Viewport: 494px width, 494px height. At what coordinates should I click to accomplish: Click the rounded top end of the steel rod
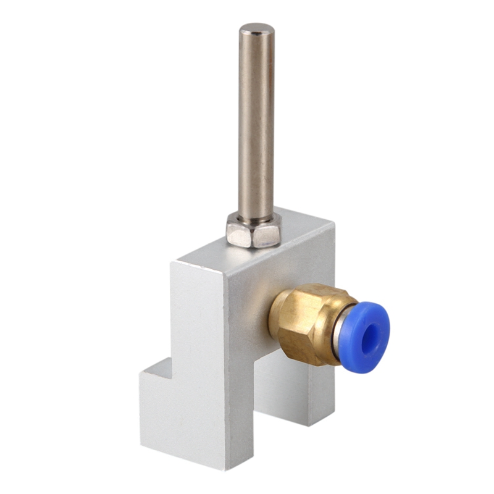click(257, 28)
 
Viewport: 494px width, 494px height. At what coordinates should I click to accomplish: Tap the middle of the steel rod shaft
click(256, 124)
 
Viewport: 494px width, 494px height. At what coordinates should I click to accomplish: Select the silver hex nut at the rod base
click(253, 230)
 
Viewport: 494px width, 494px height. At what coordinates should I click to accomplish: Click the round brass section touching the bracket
click(276, 315)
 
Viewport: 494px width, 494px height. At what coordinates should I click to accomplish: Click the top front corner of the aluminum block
click(227, 274)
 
